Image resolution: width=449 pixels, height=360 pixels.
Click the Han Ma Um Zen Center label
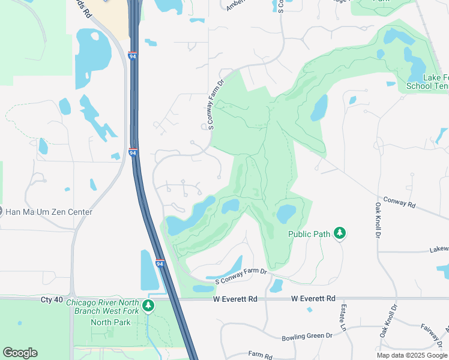click(x=49, y=212)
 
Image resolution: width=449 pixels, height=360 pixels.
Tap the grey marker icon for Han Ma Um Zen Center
click(x=1, y=212)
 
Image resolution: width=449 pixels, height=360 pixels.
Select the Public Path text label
click(x=309, y=233)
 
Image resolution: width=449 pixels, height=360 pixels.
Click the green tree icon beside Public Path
click(x=340, y=233)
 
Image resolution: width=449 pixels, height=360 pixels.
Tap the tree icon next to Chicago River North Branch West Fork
click(x=148, y=306)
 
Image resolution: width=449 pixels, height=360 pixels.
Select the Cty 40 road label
click(x=52, y=299)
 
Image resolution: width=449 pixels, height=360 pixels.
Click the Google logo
click(x=20, y=353)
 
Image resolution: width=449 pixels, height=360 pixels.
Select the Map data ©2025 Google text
click(x=411, y=355)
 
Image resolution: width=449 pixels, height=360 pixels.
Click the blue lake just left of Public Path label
click(x=285, y=213)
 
